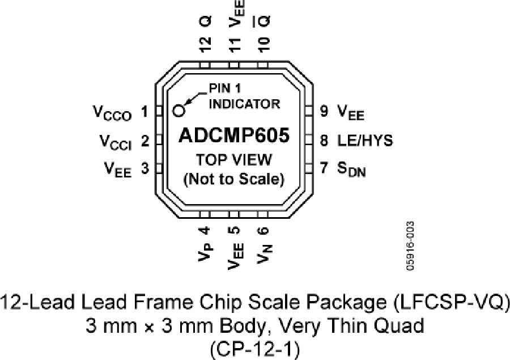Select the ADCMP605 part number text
tap(234, 135)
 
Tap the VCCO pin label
tap(112, 113)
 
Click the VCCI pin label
tap(116, 142)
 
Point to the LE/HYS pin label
tap(365, 140)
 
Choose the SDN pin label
tap(351, 170)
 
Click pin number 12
tap(205, 44)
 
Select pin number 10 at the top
tap(263, 44)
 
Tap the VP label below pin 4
tap(206, 251)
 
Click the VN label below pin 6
tap(264, 253)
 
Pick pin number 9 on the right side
tap(324, 111)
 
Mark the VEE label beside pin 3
tap(118, 170)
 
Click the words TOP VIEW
tap(234, 159)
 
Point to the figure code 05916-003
tap(410, 245)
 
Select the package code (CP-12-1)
tap(254, 350)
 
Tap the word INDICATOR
tap(244, 104)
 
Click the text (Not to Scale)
tap(234, 179)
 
